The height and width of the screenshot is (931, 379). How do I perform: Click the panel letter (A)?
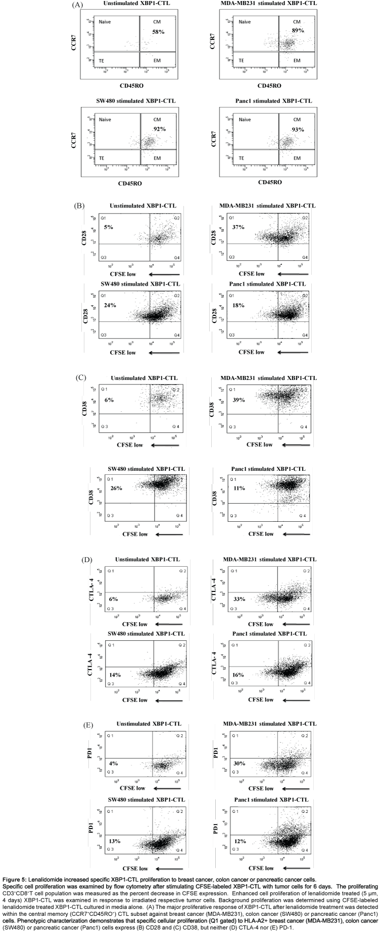click(77, 5)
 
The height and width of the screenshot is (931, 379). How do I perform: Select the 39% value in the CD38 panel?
click(239, 400)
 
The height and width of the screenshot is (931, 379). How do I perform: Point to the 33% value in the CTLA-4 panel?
click(239, 599)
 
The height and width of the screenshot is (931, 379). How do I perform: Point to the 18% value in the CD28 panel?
click(239, 305)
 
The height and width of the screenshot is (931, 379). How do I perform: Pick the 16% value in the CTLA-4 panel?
click(239, 675)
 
